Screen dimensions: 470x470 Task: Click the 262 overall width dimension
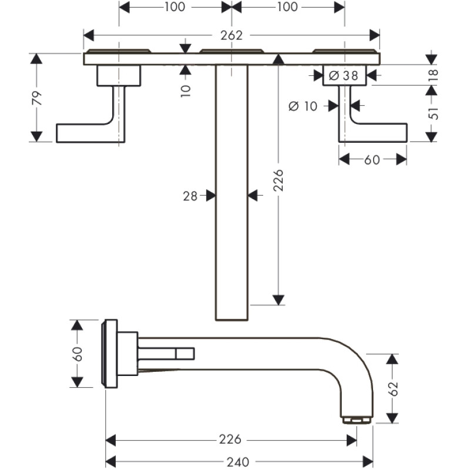[x=232, y=35]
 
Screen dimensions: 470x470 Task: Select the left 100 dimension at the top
[x=174, y=7]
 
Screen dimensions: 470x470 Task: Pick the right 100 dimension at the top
[x=286, y=7]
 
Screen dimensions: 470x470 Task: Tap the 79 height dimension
[x=36, y=97]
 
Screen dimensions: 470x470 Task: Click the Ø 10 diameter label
[x=303, y=106]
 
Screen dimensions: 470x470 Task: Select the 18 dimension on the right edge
[x=434, y=75]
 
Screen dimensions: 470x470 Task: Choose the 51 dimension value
[x=434, y=113]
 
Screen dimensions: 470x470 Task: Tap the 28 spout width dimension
[x=190, y=196]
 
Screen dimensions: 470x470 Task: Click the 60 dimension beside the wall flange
[x=77, y=353]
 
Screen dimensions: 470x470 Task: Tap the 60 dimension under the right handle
[x=372, y=159]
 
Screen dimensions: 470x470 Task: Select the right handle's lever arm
[x=379, y=133]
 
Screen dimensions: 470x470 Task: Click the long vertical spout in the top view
[x=232, y=194]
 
